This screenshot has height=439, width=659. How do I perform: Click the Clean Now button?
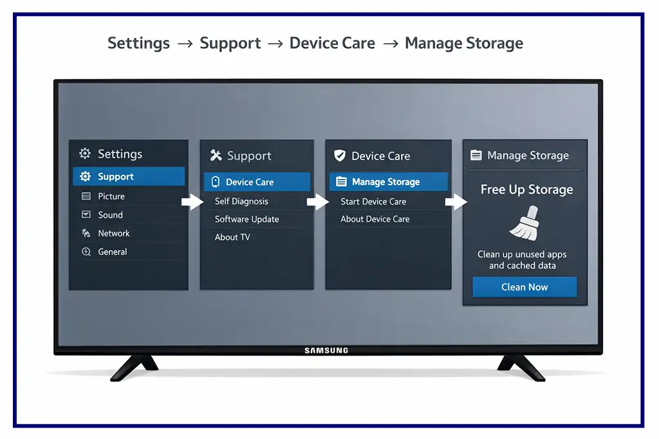(x=524, y=287)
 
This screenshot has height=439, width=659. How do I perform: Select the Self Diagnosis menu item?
(x=241, y=201)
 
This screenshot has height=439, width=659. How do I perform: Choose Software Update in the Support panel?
(x=246, y=219)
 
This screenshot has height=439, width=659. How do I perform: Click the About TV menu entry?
(x=232, y=237)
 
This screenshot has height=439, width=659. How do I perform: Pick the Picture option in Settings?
(x=111, y=196)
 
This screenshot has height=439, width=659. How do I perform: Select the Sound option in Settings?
(x=110, y=215)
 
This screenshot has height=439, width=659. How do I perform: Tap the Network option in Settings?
(x=113, y=233)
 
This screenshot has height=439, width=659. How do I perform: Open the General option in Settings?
(x=112, y=252)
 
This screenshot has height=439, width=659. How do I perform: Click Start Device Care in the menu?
(x=373, y=201)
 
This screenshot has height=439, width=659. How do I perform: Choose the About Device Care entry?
(x=375, y=219)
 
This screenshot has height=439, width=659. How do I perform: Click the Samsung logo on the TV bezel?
(x=326, y=350)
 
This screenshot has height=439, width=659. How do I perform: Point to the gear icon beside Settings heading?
(x=85, y=154)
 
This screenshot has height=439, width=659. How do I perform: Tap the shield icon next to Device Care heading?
(x=340, y=156)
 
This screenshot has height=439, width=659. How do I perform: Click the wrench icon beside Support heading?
(x=216, y=156)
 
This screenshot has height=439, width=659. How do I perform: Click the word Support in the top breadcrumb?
(x=230, y=44)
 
